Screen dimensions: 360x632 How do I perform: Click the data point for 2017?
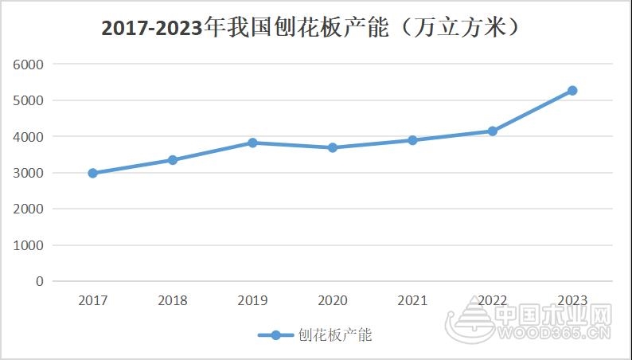point(93,173)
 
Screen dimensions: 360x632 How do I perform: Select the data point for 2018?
point(173,160)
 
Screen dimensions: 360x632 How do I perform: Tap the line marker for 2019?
point(252,143)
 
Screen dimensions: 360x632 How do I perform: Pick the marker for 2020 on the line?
point(333,147)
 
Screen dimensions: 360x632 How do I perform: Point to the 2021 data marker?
point(412,140)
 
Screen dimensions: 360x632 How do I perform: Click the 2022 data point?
point(493,131)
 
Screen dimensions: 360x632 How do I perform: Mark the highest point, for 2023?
point(572,91)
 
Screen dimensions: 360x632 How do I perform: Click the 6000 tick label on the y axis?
point(29,65)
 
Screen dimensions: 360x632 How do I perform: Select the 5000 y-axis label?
point(29,100)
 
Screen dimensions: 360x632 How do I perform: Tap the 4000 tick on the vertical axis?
point(29,137)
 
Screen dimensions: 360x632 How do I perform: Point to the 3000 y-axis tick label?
point(29,173)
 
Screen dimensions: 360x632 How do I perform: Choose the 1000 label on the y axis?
point(29,245)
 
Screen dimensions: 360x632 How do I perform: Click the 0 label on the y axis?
point(39,281)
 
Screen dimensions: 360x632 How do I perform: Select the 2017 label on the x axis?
point(93,300)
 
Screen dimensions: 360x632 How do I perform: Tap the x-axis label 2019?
point(252,300)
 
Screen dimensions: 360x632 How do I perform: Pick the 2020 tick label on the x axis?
point(333,300)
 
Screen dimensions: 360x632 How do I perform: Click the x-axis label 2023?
point(572,300)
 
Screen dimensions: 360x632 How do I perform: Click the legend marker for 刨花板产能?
point(275,335)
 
